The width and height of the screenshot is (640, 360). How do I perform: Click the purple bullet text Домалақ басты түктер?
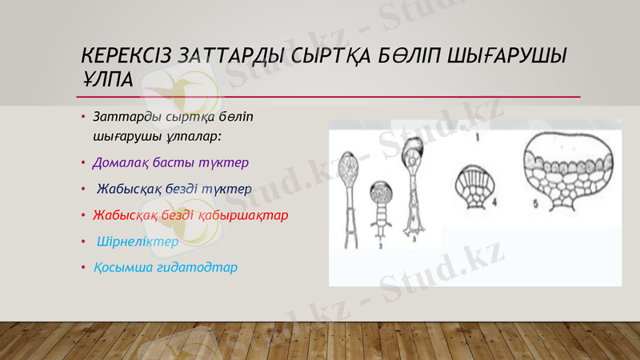tap(170, 162)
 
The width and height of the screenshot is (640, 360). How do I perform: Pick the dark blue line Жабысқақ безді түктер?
tap(174, 189)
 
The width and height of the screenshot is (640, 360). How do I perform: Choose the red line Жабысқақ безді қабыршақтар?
tap(190, 215)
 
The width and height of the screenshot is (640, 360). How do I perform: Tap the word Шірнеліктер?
tap(137, 241)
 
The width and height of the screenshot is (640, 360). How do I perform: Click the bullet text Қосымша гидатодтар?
tap(165, 266)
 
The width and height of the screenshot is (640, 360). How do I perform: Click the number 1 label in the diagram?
tap(477, 138)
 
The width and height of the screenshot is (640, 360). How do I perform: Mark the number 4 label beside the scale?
tap(495, 203)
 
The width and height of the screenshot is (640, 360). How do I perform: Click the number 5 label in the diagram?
tap(534, 203)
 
